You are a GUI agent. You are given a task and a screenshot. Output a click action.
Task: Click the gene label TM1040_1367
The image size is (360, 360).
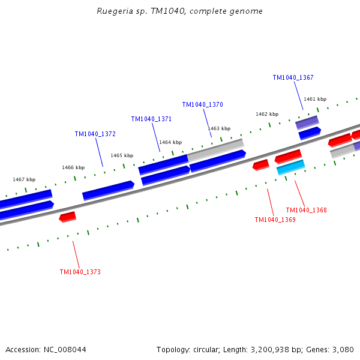click(293, 77)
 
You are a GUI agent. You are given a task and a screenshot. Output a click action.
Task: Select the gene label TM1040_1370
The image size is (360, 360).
click(202, 104)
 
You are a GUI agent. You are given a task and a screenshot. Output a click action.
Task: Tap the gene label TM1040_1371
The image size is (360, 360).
click(151, 119)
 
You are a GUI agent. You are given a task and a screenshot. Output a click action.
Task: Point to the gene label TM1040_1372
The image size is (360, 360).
click(95, 134)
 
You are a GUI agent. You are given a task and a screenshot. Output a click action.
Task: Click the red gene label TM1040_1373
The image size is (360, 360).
click(80, 272)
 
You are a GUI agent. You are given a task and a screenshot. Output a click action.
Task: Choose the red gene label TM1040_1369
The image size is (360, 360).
click(275, 220)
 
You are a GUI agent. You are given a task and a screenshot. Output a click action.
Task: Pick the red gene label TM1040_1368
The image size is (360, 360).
click(306, 210)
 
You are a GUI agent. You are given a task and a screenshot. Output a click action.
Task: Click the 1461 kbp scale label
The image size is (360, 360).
click(315, 99)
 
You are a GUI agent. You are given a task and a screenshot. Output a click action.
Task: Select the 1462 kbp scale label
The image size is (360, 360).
click(267, 114)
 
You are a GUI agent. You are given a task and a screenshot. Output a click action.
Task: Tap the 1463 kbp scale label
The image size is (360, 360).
click(219, 128)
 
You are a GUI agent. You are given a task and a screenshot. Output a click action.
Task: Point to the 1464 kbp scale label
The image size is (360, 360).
click(170, 142)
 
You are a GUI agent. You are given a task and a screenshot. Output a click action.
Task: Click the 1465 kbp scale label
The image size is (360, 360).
click(122, 155)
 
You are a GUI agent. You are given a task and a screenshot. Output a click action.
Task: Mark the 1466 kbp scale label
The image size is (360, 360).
click(73, 167)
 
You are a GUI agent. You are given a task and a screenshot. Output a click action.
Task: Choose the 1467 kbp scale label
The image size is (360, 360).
click(24, 179)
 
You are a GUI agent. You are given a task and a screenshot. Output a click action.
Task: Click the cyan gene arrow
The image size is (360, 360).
click(291, 167)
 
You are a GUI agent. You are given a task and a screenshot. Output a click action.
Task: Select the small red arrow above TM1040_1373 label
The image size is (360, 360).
click(68, 217)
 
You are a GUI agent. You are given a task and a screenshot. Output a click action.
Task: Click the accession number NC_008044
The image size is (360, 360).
click(64, 349)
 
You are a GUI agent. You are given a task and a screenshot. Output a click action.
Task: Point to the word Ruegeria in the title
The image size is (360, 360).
click(113, 11)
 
